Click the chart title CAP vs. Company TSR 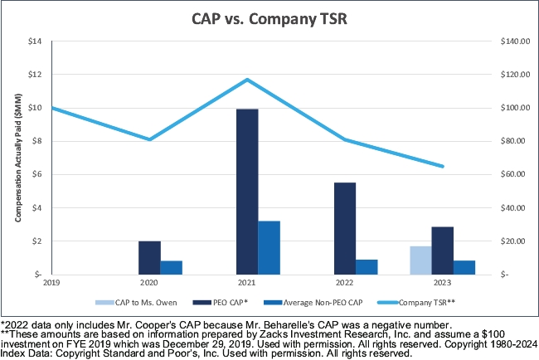pyautogui.click(x=269, y=19)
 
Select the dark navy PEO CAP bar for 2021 pyautogui.click(x=246, y=192)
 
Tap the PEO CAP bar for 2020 pyautogui.click(x=149, y=257)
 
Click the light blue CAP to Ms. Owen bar pyautogui.click(x=420, y=260)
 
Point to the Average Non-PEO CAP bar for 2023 pyautogui.click(x=465, y=267)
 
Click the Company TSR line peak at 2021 pyautogui.click(x=246, y=80)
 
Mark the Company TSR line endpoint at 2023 pyautogui.click(x=443, y=167)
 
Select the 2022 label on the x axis pyautogui.click(x=344, y=282)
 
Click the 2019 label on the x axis pyautogui.click(x=51, y=282)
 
